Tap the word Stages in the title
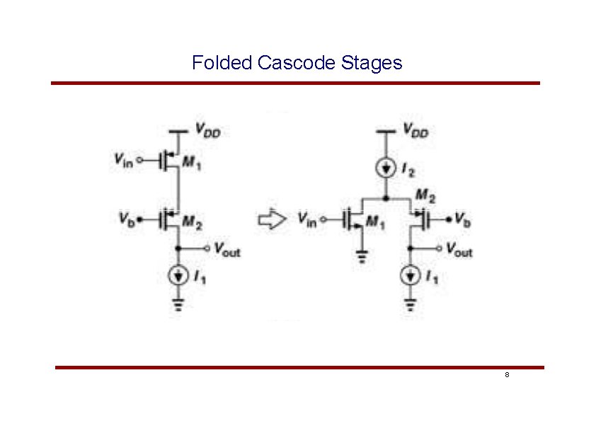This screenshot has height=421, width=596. pos(371,63)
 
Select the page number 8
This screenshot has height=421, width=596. pos(507,374)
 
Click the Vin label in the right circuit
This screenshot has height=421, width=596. pos(306,220)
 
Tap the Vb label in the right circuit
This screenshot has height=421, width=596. pos(463,220)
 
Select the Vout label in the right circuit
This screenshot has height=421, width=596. pos(459,250)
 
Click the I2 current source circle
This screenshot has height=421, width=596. pos(386,168)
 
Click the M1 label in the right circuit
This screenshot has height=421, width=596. pos(376,225)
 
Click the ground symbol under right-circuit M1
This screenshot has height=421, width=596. pos(362,256)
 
